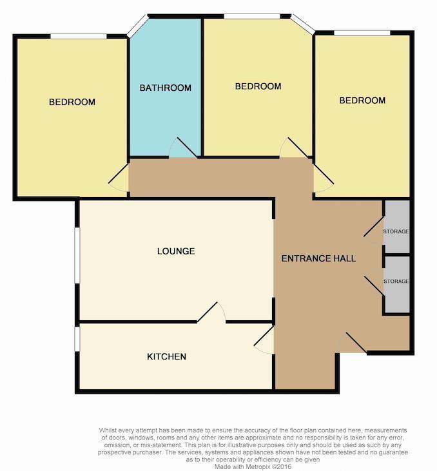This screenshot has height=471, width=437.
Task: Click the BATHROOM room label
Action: coord(166,88)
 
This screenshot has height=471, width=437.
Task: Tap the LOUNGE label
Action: coord(176,251)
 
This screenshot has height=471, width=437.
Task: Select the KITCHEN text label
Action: coord(167,357)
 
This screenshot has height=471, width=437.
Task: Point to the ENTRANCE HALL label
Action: coord(318,259)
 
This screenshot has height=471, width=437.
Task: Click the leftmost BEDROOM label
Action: coord(72,102)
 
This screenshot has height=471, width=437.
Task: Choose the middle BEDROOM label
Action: coord(258,86)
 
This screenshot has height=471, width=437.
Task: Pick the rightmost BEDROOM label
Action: coord(362,101)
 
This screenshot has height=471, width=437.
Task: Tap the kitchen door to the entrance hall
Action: coord(264,340)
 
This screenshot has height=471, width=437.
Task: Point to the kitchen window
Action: coord(77,339)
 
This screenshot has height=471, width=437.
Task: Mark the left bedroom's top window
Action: coord(79,35)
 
